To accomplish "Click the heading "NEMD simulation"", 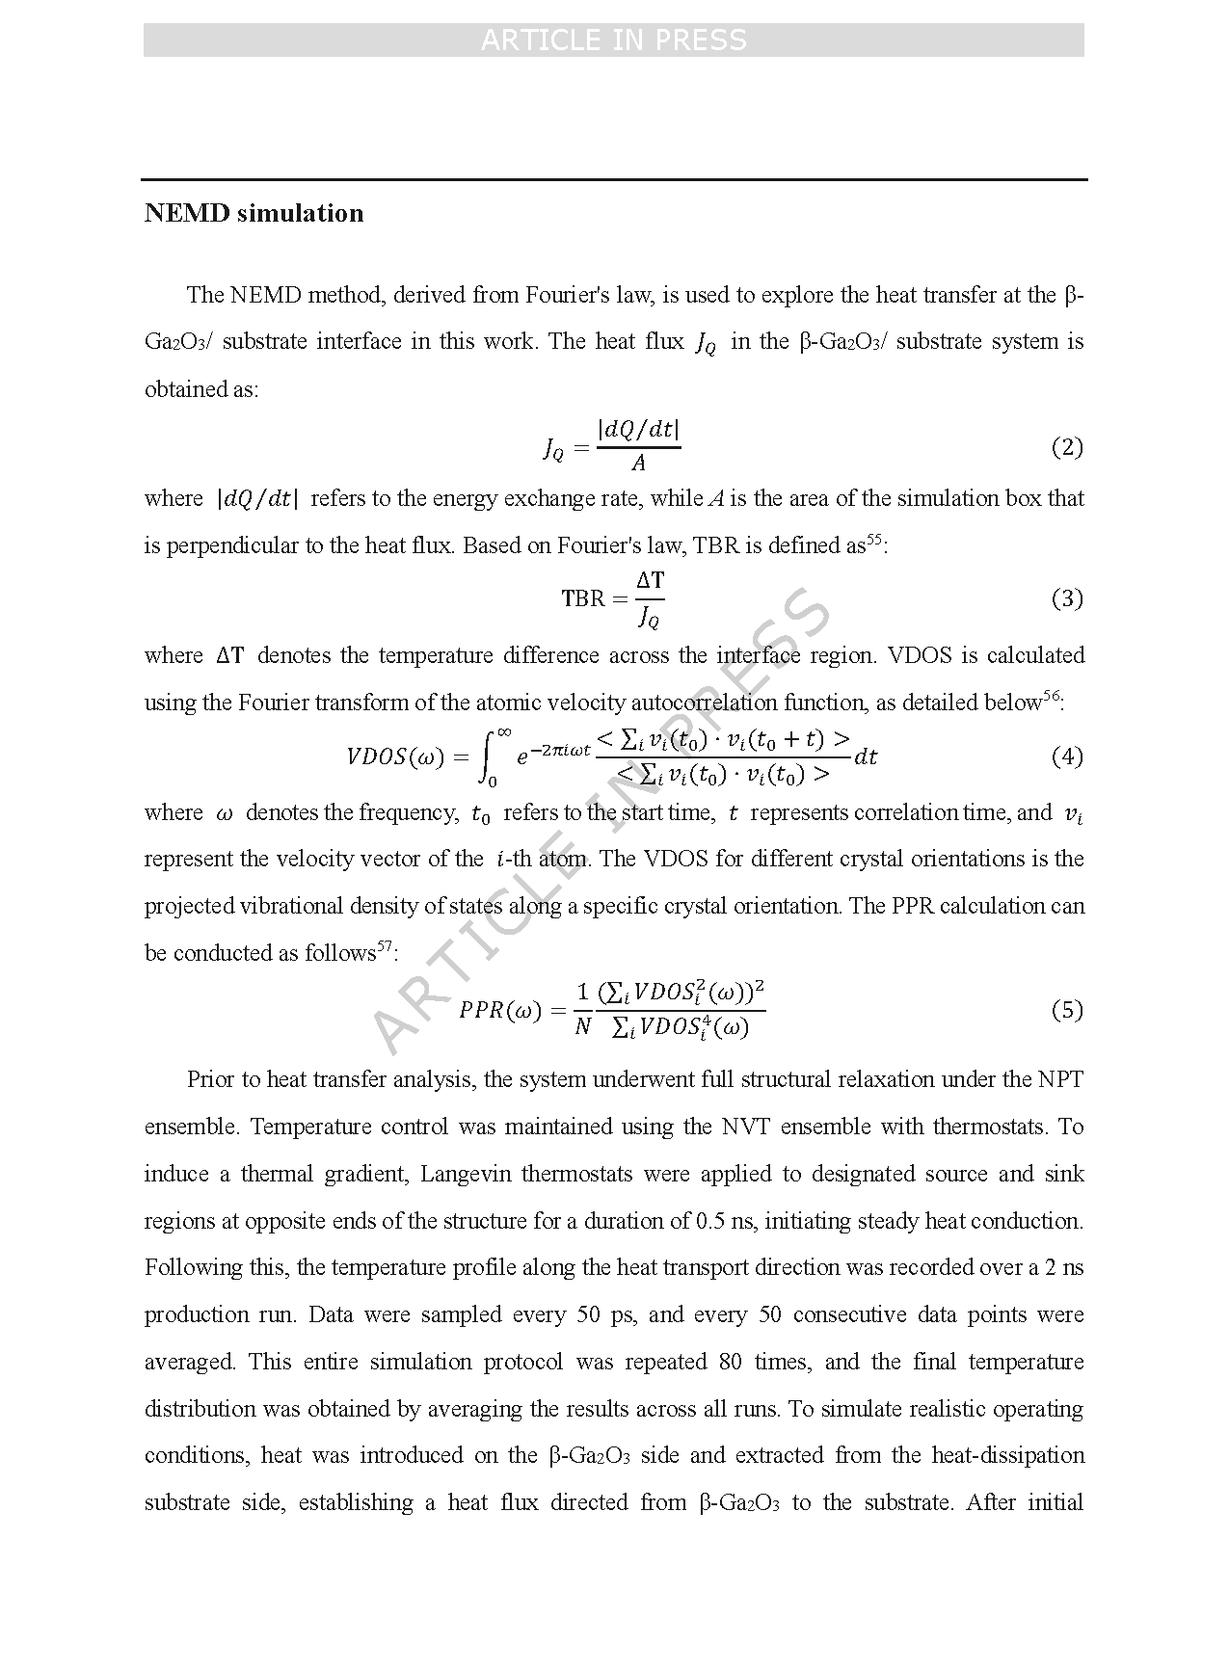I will (x=254, y=213).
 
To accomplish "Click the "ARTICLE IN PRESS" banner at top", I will (x=613, y=40).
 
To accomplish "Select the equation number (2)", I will (x=1066, y=447).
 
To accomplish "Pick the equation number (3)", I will (x=1066, y=598).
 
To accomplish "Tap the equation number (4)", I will (x=1066, y=756).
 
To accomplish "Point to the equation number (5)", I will (x=1066, y=1010).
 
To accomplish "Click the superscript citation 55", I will (x=874, y=540).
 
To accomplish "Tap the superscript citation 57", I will (x=385, y=946).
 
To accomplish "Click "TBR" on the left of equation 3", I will (x=582, y=599).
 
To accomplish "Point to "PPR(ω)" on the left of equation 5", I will (x=500, y=1011).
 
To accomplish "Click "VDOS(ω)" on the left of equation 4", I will (x=395, y=757).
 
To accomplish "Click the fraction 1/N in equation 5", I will (x=582, y=1010).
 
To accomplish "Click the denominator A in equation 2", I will (x=638, y=464).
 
